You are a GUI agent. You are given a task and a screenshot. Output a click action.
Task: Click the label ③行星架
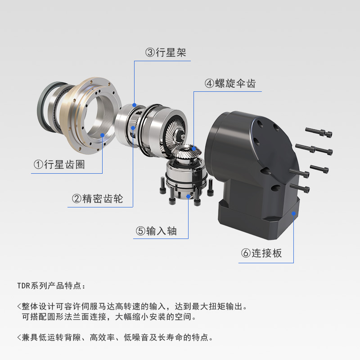coord(166,53)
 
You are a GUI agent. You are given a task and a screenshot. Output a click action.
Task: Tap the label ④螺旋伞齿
coord(230,83)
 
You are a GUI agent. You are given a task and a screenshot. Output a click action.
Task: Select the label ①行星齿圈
coord(59,165)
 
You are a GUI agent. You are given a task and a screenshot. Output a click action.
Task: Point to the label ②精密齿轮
coord(98,198)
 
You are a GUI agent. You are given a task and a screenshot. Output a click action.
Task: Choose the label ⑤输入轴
coord(156,231)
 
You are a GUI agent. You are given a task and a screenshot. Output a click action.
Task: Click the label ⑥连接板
coord(261,253)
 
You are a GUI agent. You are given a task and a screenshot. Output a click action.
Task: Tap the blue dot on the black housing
coord(293,214)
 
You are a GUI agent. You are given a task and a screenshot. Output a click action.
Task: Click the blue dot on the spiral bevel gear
coord(194,148)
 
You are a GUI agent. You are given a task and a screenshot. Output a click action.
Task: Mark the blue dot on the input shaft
coord(188,196)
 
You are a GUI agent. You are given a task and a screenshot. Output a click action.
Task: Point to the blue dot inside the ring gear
coord(103,135)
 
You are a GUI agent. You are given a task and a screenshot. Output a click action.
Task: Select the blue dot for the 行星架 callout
coord(134,105)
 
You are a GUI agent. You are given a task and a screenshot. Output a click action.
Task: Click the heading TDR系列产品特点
coord(51,286)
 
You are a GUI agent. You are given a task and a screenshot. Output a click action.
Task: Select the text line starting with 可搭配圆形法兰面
coord(109,317)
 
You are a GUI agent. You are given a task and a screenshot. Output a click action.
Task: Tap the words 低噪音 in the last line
coord(137,337)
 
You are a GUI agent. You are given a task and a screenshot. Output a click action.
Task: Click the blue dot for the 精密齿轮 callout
coord(133,128)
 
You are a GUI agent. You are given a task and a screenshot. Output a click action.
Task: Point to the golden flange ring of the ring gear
coord(67,115)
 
